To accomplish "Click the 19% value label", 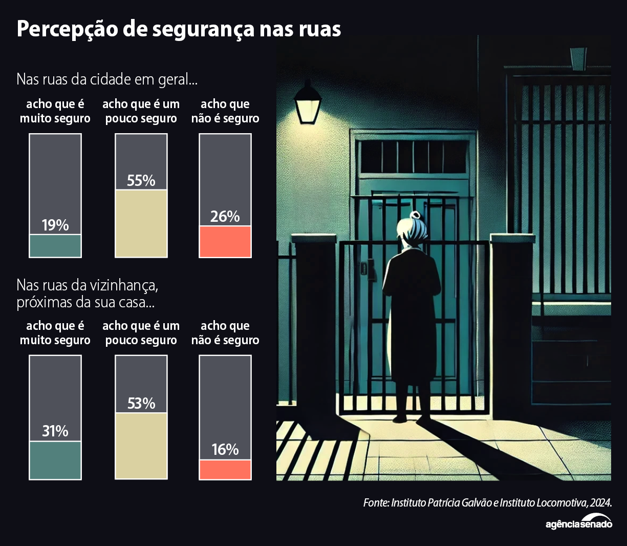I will click(55, 225).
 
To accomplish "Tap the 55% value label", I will click(141, 181).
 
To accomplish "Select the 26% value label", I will click(225, 217).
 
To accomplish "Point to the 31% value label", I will click(55, 431).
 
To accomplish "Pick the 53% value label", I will click(141, 404).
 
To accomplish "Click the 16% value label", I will click(225, 450).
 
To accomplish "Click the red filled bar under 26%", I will click(225, 242).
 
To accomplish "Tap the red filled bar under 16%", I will click(225, 470).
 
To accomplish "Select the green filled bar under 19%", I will click(55, 246).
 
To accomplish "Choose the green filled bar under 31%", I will click(55, 460).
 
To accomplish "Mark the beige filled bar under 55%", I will click(141, 223).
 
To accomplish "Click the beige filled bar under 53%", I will click(141, 446).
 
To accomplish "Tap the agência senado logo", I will click(579, 523).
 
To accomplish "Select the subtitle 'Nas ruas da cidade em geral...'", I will click(107, 79).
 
